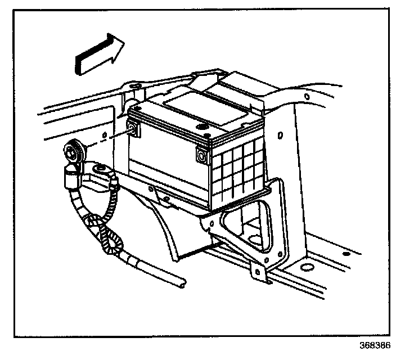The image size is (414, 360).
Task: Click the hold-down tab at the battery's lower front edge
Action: [160, 193]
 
